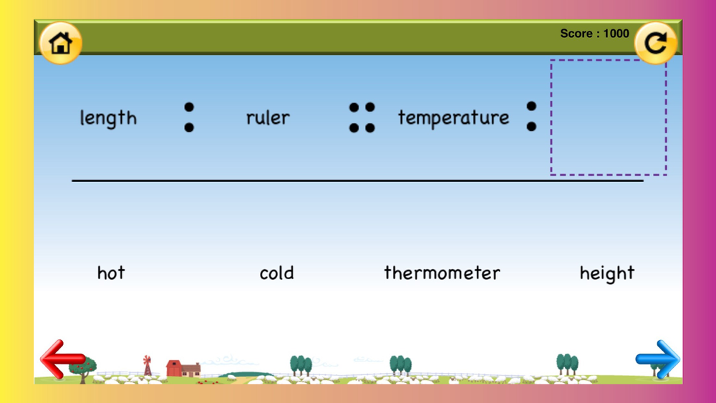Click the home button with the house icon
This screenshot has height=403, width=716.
(x=60, y=43)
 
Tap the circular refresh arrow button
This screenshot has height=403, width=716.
(x=656, y=43)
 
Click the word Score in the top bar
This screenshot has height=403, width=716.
(x=576, y=34)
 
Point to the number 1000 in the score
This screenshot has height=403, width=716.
(x=616, y=34)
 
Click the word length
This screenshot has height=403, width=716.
(x=108, y=118)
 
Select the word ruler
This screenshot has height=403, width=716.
(x=268, y=117)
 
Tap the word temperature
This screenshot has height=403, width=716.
(x=453, y=118)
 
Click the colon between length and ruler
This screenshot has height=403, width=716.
(x=189, y=117)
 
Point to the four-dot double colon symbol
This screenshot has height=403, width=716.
(x=362, y=117)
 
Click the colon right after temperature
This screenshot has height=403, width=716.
(x=531, y=117)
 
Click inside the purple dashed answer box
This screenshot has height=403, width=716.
(x=608, y=117)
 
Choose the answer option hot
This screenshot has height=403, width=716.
(x=111, y=273)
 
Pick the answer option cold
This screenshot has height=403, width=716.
(x=276, y=273)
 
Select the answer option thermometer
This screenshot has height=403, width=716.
(x=442, y=273)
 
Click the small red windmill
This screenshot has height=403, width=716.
(x=147, y=365)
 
